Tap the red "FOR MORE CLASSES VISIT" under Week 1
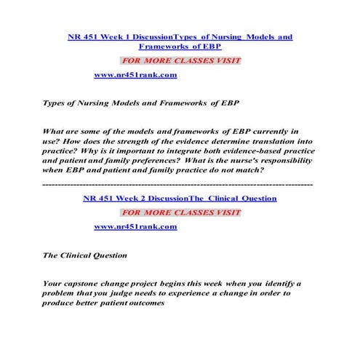coord(180,60)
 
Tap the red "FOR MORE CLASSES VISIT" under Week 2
coord(180,212)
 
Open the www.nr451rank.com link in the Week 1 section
coord(135,75)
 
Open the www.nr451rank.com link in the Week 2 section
coord(135,227)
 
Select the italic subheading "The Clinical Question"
coord(85,255)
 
